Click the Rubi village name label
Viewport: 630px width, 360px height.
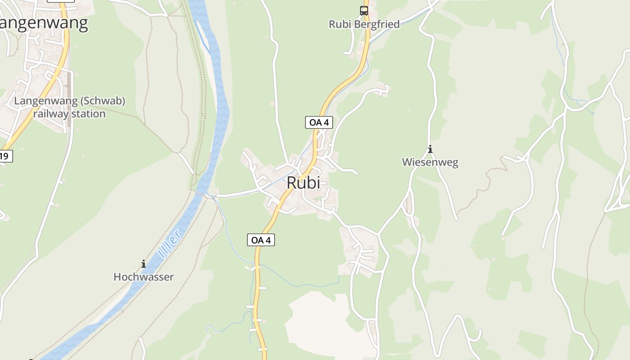tap(303, 183)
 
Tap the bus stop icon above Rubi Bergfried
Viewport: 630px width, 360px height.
tap(364, 11)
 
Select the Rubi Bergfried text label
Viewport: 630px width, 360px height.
tap(364, 24)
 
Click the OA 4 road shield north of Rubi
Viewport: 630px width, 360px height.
tap(319, 122)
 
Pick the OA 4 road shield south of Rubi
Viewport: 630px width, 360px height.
tap(261, 240)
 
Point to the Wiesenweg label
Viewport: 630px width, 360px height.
tap(430, 162)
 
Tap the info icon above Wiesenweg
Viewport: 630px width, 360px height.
tap(430, 149)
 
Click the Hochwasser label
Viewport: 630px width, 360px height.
tap(143, 277)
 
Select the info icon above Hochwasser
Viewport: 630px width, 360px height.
tap(143, 264)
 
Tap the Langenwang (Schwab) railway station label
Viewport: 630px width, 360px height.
tap(69, 107)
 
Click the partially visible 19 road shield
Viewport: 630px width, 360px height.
tap(5, 156)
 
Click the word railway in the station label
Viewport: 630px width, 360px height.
tap(51, 114)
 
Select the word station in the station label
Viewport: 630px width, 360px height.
tap(88, 114)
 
